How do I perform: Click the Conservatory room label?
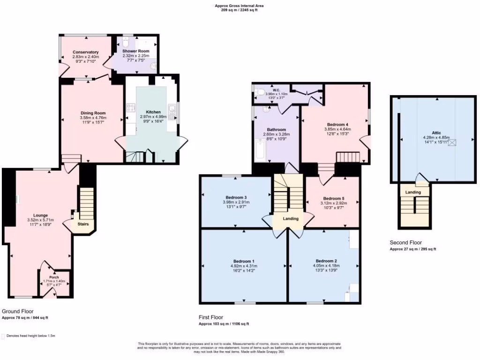(85, 52)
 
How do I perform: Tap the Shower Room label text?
(136, 51)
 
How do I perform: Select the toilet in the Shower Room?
(126, 41)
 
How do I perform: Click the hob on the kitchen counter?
(131, 109)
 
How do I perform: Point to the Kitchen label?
(153, 112)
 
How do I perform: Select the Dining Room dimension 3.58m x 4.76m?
(93, 118)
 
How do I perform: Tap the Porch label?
(54, 277)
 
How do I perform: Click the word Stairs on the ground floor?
(84, 224)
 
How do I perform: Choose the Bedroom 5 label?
(334, 198)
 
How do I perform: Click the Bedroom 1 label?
(244, 261)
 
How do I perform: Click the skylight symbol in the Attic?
(453, 142)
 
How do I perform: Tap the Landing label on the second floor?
(413, 192)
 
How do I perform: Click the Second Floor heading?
(405, 242)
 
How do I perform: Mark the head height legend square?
(4, 336)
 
